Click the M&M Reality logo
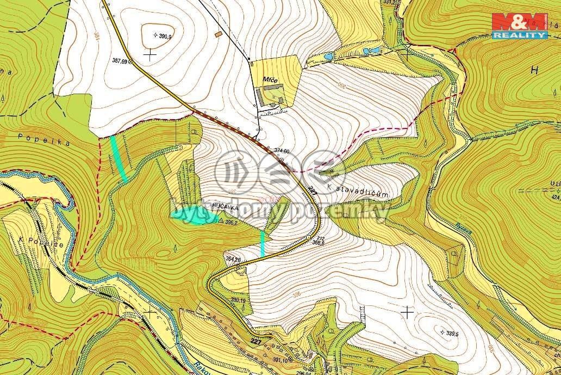pyautogui.click(x=519, y=26)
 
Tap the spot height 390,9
pyautogui.click(x=164, y=36)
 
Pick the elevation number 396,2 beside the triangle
pyautogui.click(x=230, y=222)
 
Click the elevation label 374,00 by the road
pyautogui.click(x=282, y=151)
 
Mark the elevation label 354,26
pyautogui.click(x=232, y=260)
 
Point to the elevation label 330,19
pyautogui.click(x=239, y=300)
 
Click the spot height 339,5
pyautogui.click(x=453, y=333)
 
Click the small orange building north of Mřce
pyautogui.click(x=219, y=35)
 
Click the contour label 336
pyautogui.click(x=296, y=294)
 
